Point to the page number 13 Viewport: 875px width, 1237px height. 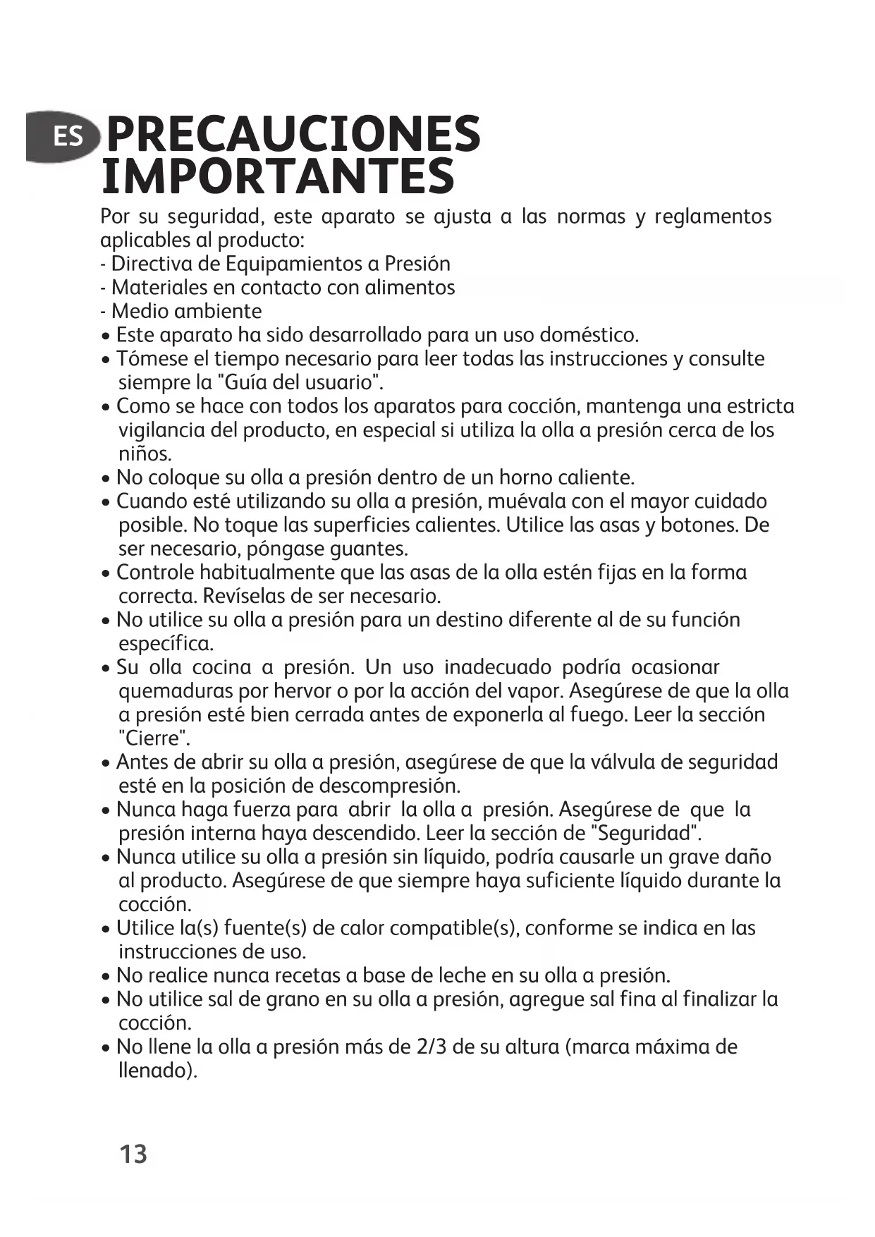pos(133,1154)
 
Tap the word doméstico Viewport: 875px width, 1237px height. pos(589,335)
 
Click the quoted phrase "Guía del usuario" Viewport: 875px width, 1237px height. pos(301,383)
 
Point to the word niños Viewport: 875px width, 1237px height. pos(145,453)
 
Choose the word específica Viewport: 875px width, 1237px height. pos(165,644)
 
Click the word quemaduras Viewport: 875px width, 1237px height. pos(176,691)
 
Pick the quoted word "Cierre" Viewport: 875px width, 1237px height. pos(154,739)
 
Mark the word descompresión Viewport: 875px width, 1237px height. pos(389,786)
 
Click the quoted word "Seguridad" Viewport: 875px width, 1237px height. pos(646,834)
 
